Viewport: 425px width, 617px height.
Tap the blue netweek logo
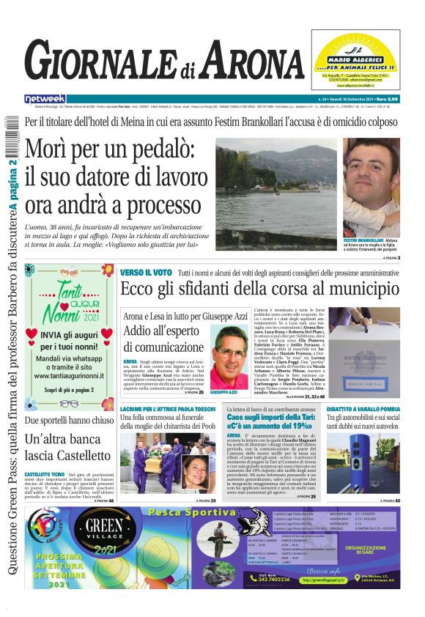(x=45, y=98)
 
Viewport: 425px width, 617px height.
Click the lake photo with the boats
(x=287, y=194)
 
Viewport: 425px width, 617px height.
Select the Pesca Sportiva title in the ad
(x=191, y=513)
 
